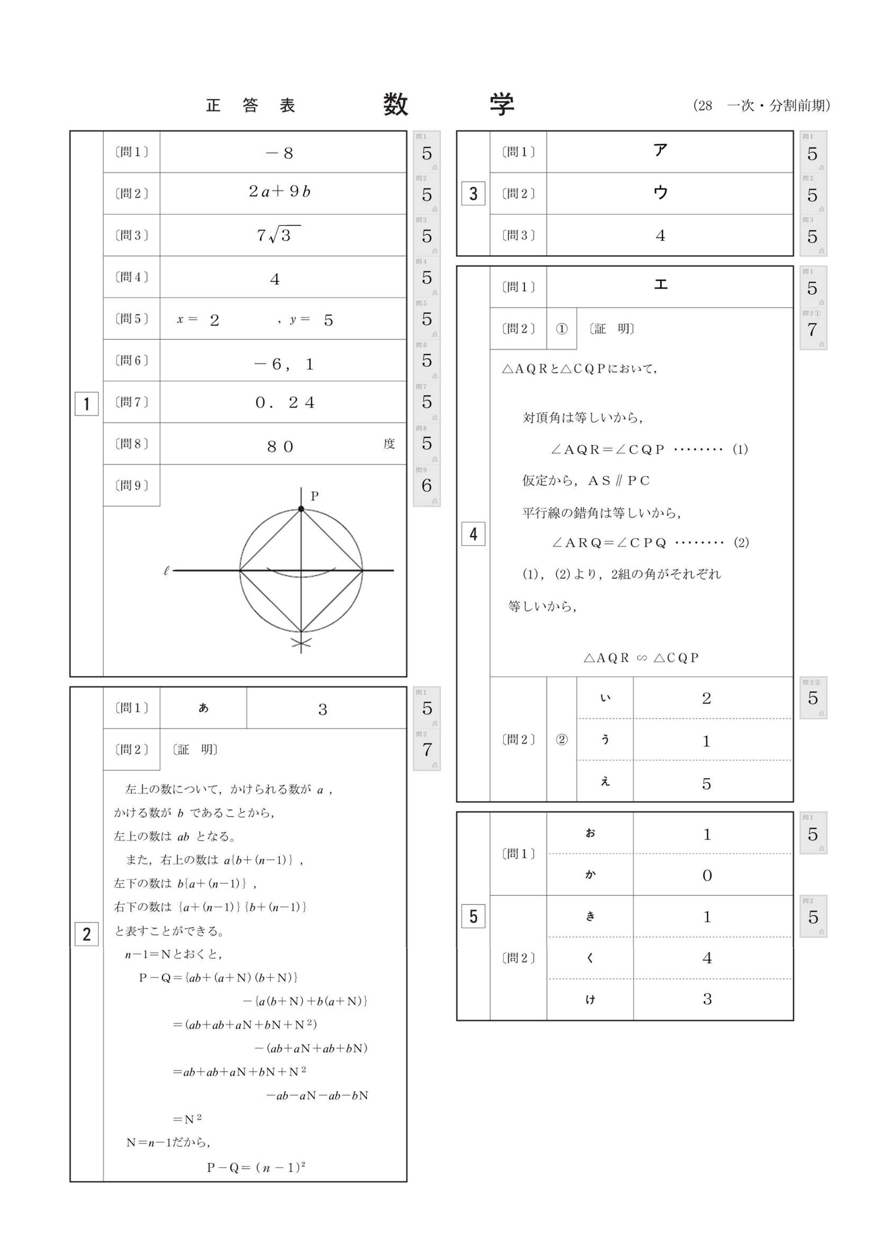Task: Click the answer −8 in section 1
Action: click(280, 153)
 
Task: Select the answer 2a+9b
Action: click(280, 191)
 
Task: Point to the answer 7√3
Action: click(277, 235)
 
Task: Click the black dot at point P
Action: click(301, 509)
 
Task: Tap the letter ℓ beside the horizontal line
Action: click(166, 570)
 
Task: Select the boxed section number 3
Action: click(473, 193)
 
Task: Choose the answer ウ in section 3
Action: click(660, 192)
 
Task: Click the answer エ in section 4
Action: click(660, 284)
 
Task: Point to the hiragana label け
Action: click(590, 999)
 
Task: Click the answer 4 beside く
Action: click(707, 958)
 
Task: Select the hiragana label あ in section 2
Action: click(203, 708)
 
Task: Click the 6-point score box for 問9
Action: click(427, 485)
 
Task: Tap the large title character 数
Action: click(395, 105)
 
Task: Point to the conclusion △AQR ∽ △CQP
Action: click(641, 658)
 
